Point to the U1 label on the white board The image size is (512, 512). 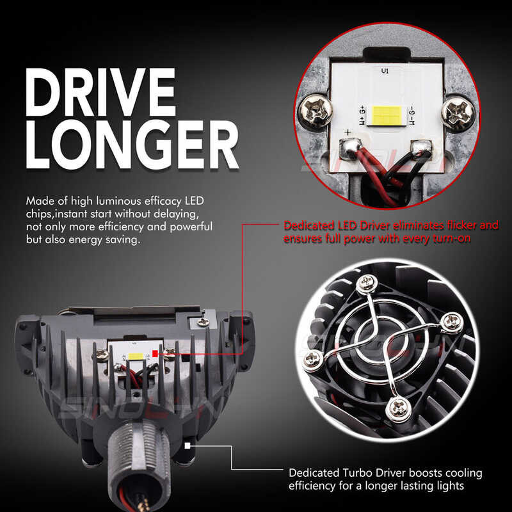pyautogui.click(x=384, y=71)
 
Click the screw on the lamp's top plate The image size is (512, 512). pyautogui.click(x=204, y=322)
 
